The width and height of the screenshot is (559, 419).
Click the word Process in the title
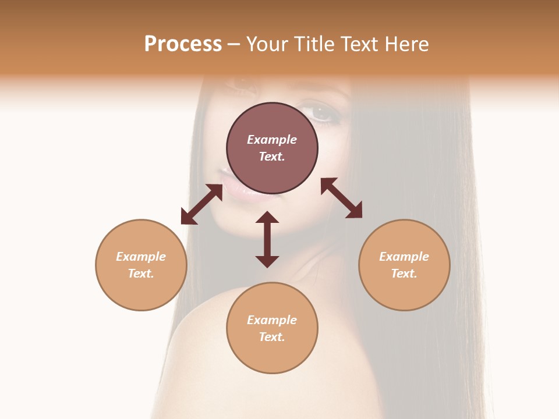(183, 44)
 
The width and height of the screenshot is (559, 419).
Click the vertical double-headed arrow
(267, 239)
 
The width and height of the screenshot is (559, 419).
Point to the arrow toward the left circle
(201, 204)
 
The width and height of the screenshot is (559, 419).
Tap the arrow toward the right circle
(341, 198)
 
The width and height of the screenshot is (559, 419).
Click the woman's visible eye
(321, 112)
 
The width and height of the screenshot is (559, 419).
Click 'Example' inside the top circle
(272, 140)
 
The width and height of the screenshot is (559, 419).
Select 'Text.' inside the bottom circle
(272, 337)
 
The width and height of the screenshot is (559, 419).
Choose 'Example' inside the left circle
(141, 257)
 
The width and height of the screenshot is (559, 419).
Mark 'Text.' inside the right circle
(404, 274)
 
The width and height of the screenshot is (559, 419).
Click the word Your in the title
(267, 44)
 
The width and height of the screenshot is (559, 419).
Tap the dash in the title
(233, 45)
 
